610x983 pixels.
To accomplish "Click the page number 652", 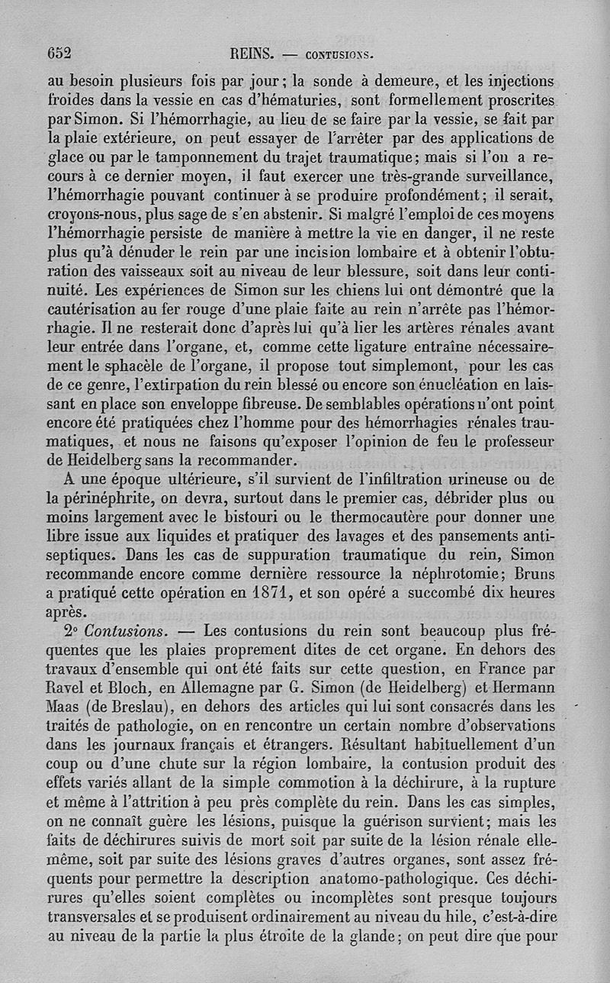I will (59, 53).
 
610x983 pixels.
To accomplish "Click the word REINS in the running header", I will (251, 53).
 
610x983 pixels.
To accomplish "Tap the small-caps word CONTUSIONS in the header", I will (339, 54).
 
